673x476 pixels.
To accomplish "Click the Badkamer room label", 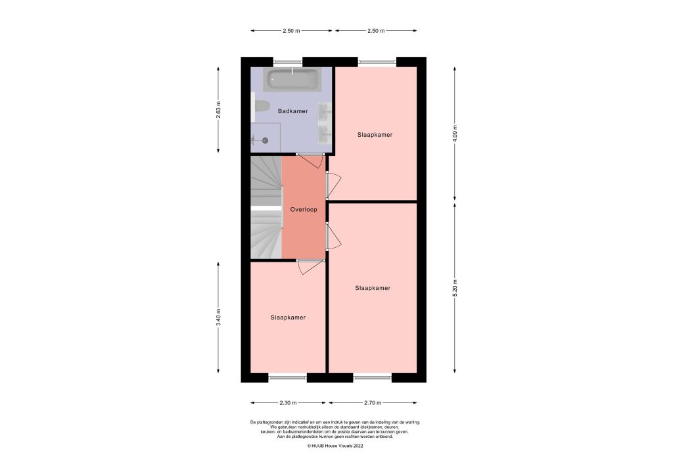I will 292,111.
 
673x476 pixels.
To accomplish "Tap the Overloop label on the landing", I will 304,210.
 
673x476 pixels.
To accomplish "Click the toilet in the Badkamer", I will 262,107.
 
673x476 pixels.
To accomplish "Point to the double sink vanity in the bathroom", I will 325,123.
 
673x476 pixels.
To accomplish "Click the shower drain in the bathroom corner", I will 265,140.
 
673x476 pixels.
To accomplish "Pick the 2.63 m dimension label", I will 220,109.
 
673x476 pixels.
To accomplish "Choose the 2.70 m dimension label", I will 373,402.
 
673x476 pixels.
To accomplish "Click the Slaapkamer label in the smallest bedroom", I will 288,318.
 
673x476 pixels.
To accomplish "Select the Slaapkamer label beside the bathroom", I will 375,135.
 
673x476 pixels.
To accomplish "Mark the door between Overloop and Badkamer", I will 309,159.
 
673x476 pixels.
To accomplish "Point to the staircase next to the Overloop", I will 266,207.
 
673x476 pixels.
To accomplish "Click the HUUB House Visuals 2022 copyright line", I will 335,445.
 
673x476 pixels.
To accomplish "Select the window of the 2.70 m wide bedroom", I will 372,377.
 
